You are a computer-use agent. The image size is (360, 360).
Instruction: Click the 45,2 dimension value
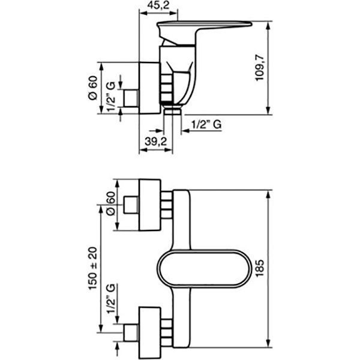[x=158, y=5]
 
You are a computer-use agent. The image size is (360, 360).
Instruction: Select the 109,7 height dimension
[x=260, y=68]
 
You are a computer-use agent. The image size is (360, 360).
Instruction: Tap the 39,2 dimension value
[x=155, y=142]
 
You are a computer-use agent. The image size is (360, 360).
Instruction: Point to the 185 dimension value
[x=260, y=268]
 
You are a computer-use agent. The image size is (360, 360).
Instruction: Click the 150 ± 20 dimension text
[x=93, y=268]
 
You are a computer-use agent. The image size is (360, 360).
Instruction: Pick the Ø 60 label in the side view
[x=92, y=88]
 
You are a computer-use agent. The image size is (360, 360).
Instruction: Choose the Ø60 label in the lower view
[x=111, y=203]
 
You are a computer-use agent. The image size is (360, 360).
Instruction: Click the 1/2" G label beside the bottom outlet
[x=206, y=124]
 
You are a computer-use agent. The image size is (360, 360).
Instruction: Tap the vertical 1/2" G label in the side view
[x=111, y=96]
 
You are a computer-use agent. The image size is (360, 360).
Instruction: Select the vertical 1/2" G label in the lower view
[x=111, y=299]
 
